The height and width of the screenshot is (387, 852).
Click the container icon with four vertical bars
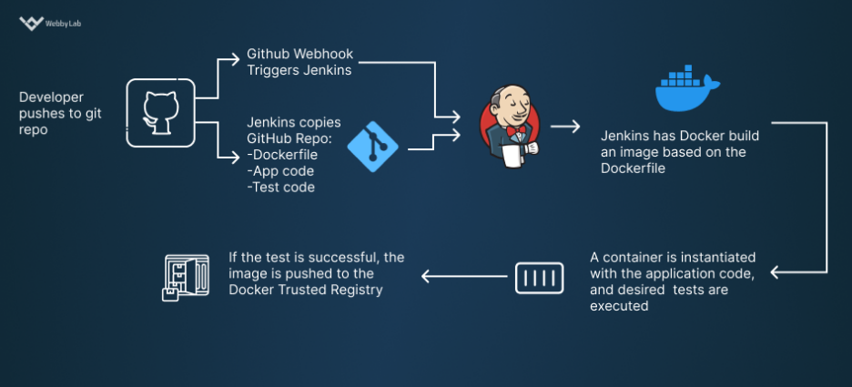click(540, 277)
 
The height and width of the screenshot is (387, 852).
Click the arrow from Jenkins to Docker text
click(565, 127)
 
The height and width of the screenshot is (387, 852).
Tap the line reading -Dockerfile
click(282, 155)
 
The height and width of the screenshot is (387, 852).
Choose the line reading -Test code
click(280, 188)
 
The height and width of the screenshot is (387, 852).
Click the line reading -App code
click(280, 171)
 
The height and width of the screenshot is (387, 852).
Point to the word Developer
click(52, 97)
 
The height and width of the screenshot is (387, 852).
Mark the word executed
click(619, 307)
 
